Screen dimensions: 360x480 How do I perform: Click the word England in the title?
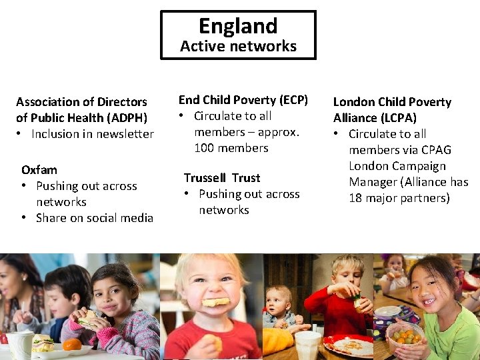click(x=238, y=26)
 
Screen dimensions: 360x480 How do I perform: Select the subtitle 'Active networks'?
click(x=238, y=46)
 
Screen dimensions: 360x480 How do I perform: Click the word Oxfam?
click(x=39, y=170)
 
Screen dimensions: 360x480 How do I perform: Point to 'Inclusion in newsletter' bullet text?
click(x=93, y=134)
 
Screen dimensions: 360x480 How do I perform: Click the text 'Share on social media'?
click(x=95, y=218)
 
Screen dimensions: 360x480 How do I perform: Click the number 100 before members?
click(x=204, y=148)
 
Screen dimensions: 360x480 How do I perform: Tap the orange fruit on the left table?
click(x=73, y=344)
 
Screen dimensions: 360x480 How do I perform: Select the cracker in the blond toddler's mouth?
click(x=215, y=302)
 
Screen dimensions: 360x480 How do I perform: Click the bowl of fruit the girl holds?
click(x=403, y=336)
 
